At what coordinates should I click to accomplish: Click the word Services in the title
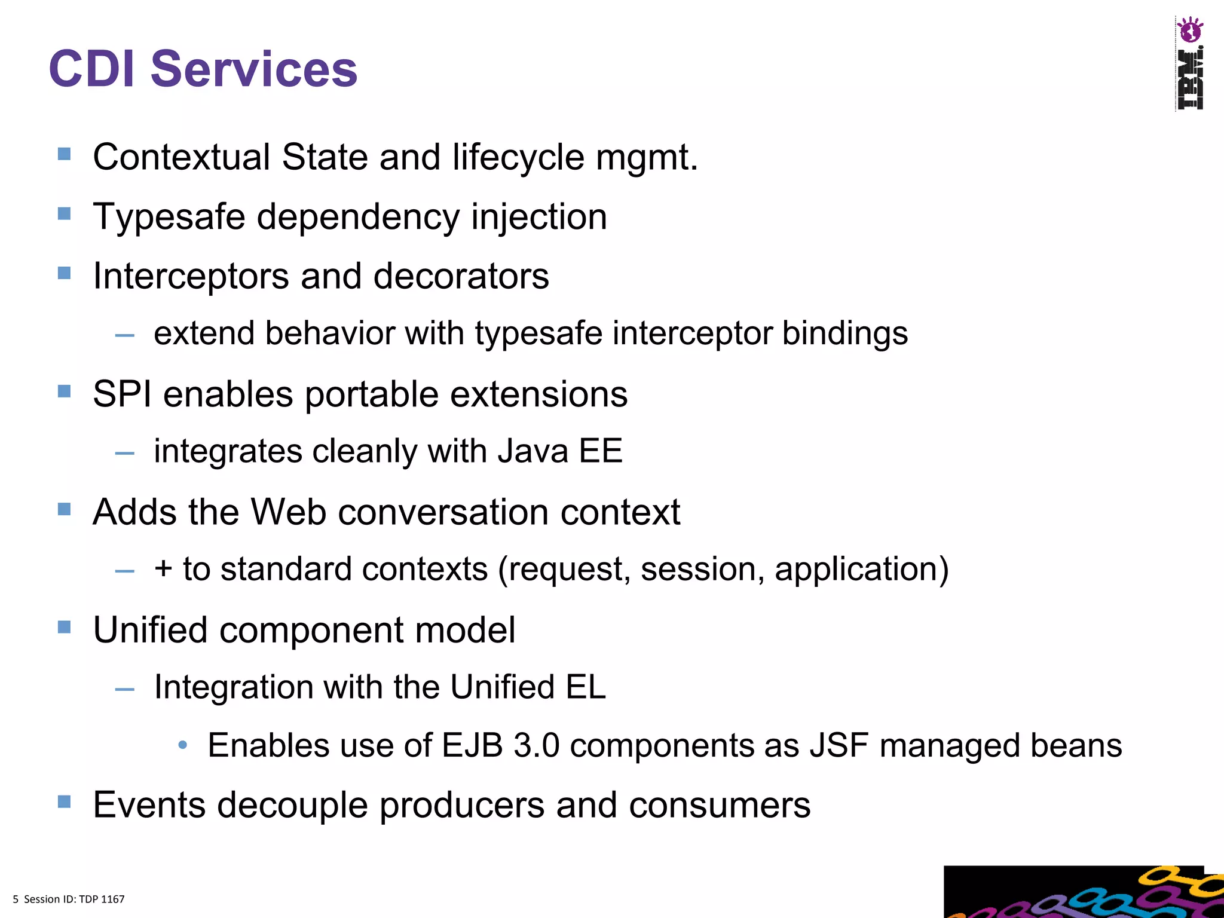254,69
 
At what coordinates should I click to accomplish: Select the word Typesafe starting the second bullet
169,217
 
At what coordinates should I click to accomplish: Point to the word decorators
461,276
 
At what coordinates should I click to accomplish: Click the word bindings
844,333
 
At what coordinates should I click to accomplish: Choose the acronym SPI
122,394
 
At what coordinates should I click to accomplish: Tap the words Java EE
560,451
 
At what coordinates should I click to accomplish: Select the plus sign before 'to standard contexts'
163,568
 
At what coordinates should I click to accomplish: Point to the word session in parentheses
702,569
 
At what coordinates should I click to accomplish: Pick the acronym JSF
839,746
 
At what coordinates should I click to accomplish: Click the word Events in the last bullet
149,805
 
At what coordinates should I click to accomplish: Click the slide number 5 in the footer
16,899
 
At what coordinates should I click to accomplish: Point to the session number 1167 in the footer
112,899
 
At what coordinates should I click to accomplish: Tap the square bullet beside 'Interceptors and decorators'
65,273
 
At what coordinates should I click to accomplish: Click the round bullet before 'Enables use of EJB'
183,745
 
